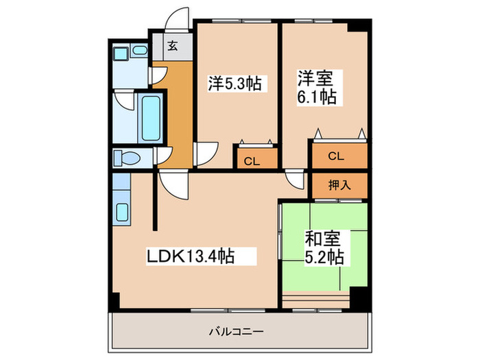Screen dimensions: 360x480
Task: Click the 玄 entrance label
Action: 173,47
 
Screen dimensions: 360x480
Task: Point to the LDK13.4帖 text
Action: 191,256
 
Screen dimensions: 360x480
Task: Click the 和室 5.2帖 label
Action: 324,248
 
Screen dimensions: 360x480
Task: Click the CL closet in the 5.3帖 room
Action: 252,161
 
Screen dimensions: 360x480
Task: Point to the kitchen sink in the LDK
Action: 122,211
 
